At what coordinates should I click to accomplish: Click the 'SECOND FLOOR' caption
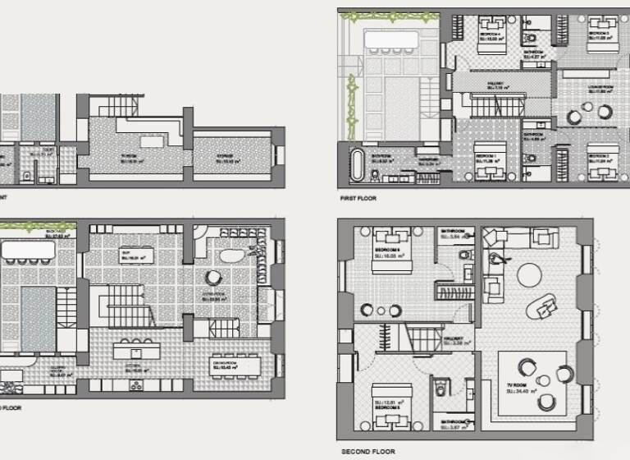click(367, 451)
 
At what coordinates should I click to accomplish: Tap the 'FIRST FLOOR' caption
click(359, 199)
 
